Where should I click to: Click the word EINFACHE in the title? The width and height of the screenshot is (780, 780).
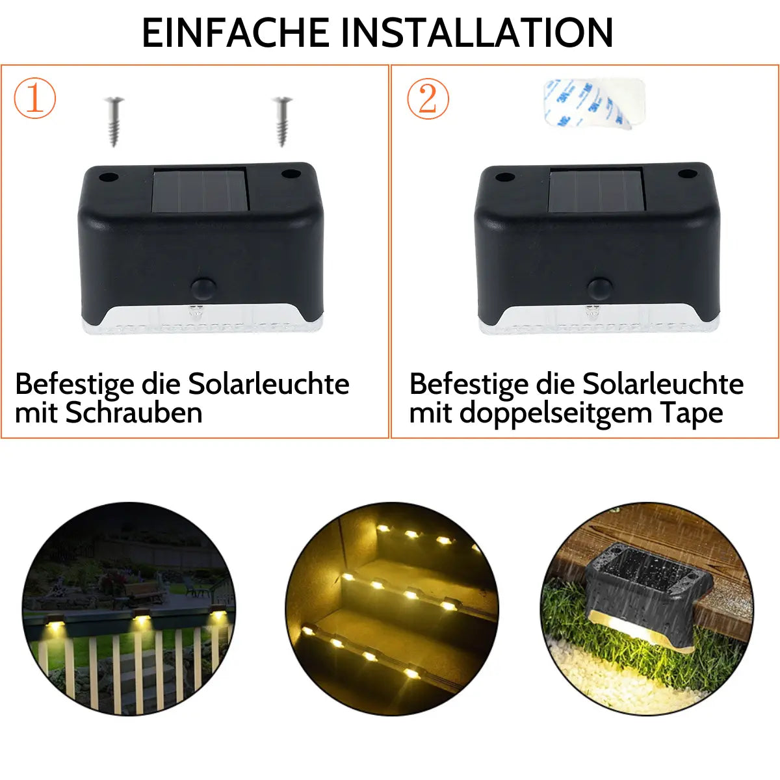coord(235,33)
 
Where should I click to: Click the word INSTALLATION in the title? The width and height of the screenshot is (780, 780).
coord(477,33)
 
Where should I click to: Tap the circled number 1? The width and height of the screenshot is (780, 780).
coord(35,98)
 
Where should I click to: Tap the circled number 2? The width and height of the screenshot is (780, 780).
coord(428,99)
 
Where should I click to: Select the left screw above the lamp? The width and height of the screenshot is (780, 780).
coord(114,122)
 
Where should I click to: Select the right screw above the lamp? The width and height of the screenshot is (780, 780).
coord(283,122)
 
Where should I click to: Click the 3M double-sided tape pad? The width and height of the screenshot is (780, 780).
coord(594,103)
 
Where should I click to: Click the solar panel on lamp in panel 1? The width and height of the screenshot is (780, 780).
coord(200,189)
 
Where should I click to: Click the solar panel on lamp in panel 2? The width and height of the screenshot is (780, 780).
coord(597,189)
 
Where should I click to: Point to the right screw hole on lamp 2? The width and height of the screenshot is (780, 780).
coord(687,174)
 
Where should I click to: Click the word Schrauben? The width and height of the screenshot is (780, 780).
coord(134,413)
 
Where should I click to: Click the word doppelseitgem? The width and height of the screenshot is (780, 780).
coord(556,414)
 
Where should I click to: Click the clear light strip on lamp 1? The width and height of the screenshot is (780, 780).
coord(202,320)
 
